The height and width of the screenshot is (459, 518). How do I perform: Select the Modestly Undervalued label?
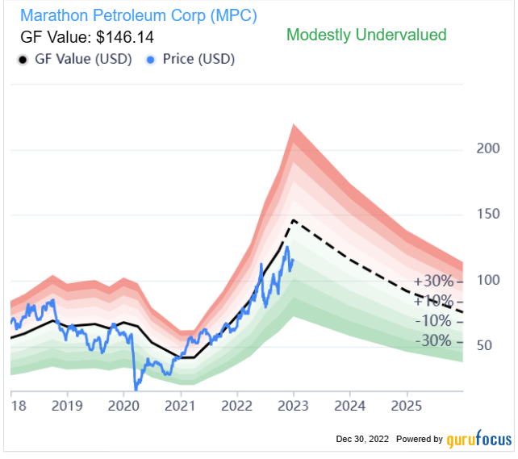(x=366, y=35)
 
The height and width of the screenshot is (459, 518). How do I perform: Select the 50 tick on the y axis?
(x=486, y=345)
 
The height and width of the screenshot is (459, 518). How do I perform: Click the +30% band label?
(x=435, y=282)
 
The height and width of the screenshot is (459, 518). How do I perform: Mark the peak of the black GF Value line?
(x=294, y=220)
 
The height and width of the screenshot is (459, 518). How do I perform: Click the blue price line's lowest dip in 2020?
(x=136, y=388)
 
